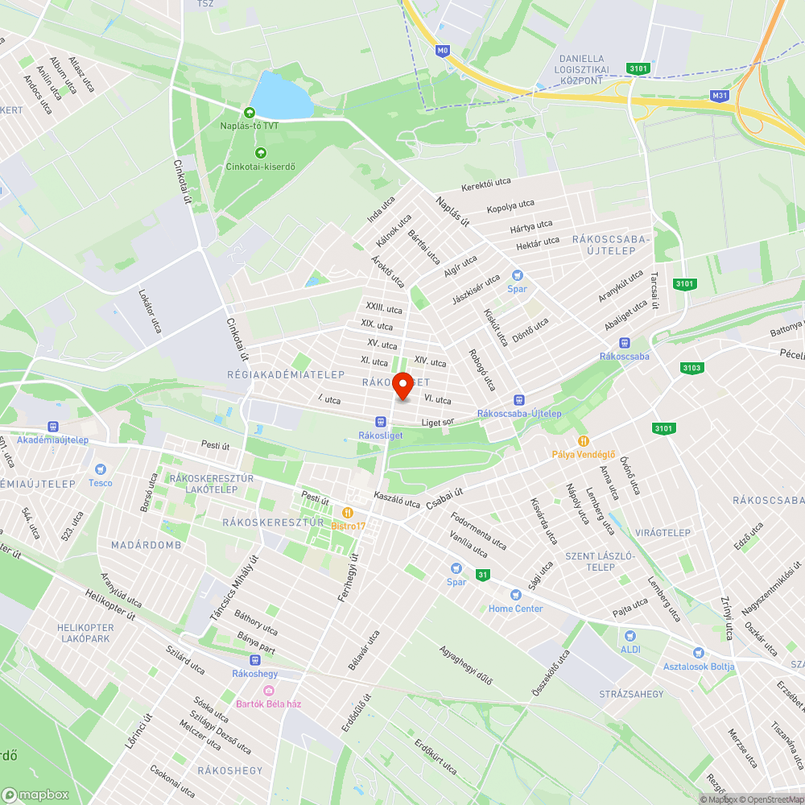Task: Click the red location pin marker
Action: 402,386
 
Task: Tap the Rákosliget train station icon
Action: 380,421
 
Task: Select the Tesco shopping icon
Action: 101,469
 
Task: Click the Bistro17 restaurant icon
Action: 348,512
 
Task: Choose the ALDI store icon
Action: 630,635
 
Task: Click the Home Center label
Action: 515,609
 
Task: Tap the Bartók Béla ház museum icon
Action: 269,690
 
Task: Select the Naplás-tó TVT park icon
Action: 250,112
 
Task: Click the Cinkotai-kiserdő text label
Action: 260,167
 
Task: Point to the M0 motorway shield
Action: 442,51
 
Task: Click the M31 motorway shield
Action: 720,96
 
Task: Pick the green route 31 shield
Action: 482,575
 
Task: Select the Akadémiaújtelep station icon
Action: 53,426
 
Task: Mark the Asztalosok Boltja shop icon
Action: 698,652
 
